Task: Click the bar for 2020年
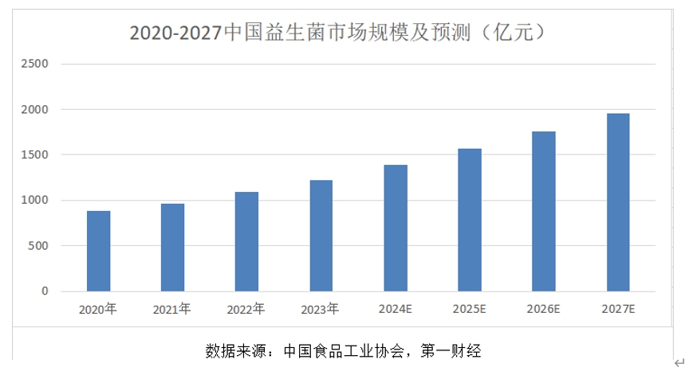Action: point(98,252)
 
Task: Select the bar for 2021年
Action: point(172,248)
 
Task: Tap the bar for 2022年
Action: point(246,242)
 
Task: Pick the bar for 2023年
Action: point(321,236)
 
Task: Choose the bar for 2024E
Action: point(396,229)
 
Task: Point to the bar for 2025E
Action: point(470,220)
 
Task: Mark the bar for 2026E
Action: point(544,212)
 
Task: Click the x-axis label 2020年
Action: point(98,309)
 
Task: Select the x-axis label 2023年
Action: point(321,309)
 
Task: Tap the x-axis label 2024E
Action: point(396,309)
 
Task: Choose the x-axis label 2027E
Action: point(618,309)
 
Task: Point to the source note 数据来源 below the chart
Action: point(342,350)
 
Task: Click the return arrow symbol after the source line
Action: point(679,361)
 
